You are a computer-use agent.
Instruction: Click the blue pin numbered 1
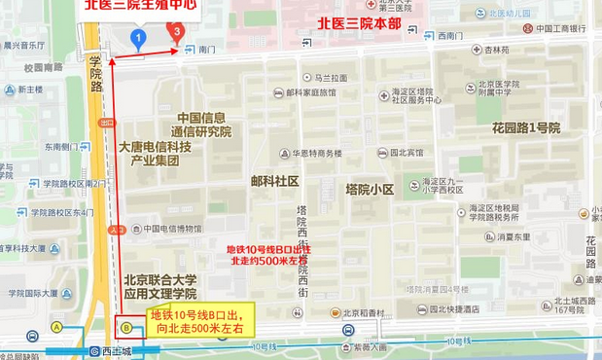[138, 39]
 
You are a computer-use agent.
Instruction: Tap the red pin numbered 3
[176, 30]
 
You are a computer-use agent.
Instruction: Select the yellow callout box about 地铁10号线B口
[199, 320]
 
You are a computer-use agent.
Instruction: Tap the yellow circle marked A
[57, 328]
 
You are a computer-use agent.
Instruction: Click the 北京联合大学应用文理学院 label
[159, 286]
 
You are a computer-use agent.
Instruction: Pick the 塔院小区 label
[370, 189]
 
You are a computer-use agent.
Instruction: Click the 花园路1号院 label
[525, 127]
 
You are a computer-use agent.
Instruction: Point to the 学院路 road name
[95, 73]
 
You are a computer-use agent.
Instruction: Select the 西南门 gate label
[451, 36]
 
